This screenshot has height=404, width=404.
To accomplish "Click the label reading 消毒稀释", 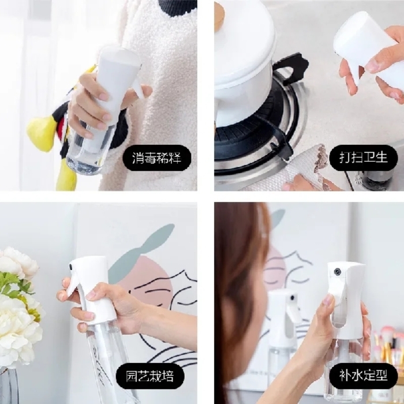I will pyautogui.click(x=156, y=158).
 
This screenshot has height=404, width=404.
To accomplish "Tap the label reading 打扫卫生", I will pyautogui.click(x=363, y=158).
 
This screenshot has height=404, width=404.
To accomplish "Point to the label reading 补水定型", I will pyautogui.click(x=363, y=376).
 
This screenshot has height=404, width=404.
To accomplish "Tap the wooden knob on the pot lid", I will pyautogui.click(x=219, y=14).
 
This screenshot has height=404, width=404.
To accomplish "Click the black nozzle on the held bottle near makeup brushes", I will pyautogui.click(x=336, y=271).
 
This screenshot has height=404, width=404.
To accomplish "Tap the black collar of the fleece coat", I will pyautogui.click(x=177, y=7).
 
